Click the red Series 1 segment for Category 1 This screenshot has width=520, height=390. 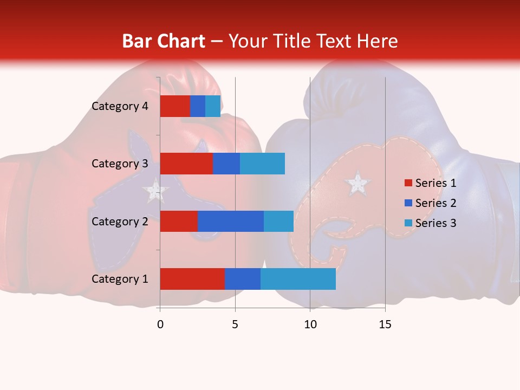tap(192, 279)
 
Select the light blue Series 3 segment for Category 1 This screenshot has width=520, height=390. tap(298, 279)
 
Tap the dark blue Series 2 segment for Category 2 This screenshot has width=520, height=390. tap(230, 221)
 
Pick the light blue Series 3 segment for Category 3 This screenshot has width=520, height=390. tap(262, 164)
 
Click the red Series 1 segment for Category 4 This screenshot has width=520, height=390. tap(174, 106)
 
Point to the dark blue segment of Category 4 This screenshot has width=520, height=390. tap(197, 106)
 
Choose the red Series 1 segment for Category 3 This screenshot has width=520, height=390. tap(186, 164)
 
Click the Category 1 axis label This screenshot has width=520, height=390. tap(119, 279)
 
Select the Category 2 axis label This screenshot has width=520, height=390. tap(119, 221)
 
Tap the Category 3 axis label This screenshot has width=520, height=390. tap(119, 164)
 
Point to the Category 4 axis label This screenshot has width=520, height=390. tap(119, 106)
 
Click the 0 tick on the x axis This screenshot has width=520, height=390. tap(160, 324)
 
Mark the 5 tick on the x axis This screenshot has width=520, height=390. tap(235, 324)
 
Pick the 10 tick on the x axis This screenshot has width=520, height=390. tap(310, 324)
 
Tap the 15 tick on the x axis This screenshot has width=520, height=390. tap(385, 324)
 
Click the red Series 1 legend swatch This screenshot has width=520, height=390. tap(408, 183)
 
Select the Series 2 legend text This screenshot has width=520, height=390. tap(435, 203)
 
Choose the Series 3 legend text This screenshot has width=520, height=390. tap(435, 223)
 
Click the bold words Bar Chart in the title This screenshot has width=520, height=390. tap(163, 41)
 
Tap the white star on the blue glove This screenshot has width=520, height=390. tap(357, 184)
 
